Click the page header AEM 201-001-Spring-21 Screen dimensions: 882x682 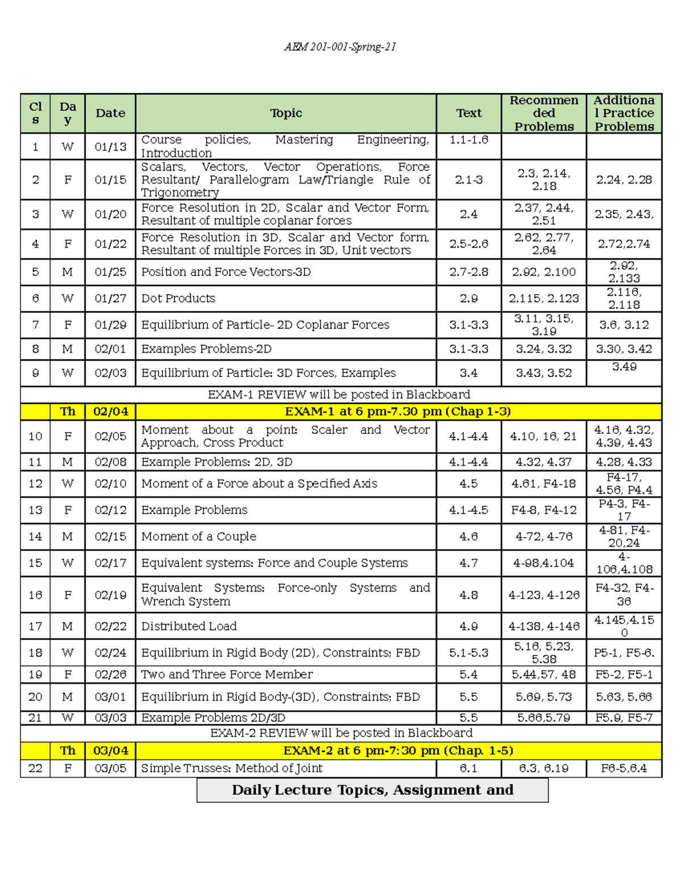pos(340,47)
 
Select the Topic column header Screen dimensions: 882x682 pos(286,113)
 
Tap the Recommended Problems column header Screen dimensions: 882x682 pos(543,113)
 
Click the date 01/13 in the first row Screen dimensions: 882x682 pos(110,147)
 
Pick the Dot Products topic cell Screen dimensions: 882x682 pos(178,298)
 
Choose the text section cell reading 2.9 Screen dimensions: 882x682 pos(468,298)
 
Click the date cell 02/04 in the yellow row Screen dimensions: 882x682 pos(110,411)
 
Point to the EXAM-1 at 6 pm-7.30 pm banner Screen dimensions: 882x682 pos(398,411)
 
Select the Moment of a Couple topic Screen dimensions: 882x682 pos(198,536)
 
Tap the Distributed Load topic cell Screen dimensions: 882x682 pos(189,626)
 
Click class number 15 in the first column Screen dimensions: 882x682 pos(35,563)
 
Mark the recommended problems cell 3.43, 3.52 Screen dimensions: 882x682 pos(543,373)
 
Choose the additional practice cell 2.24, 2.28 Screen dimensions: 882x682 pos(623,179)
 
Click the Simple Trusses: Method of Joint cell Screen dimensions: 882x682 pos(231,768)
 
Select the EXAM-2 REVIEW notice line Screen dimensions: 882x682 pos(341,733)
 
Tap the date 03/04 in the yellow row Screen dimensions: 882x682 pos(110,750)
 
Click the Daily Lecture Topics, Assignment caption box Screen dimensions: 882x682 pos(372,790)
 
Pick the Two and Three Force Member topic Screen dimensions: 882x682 pos(227,674)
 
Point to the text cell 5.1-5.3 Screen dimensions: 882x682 pos(468,653)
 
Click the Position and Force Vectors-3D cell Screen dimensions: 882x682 pos(226,272)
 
